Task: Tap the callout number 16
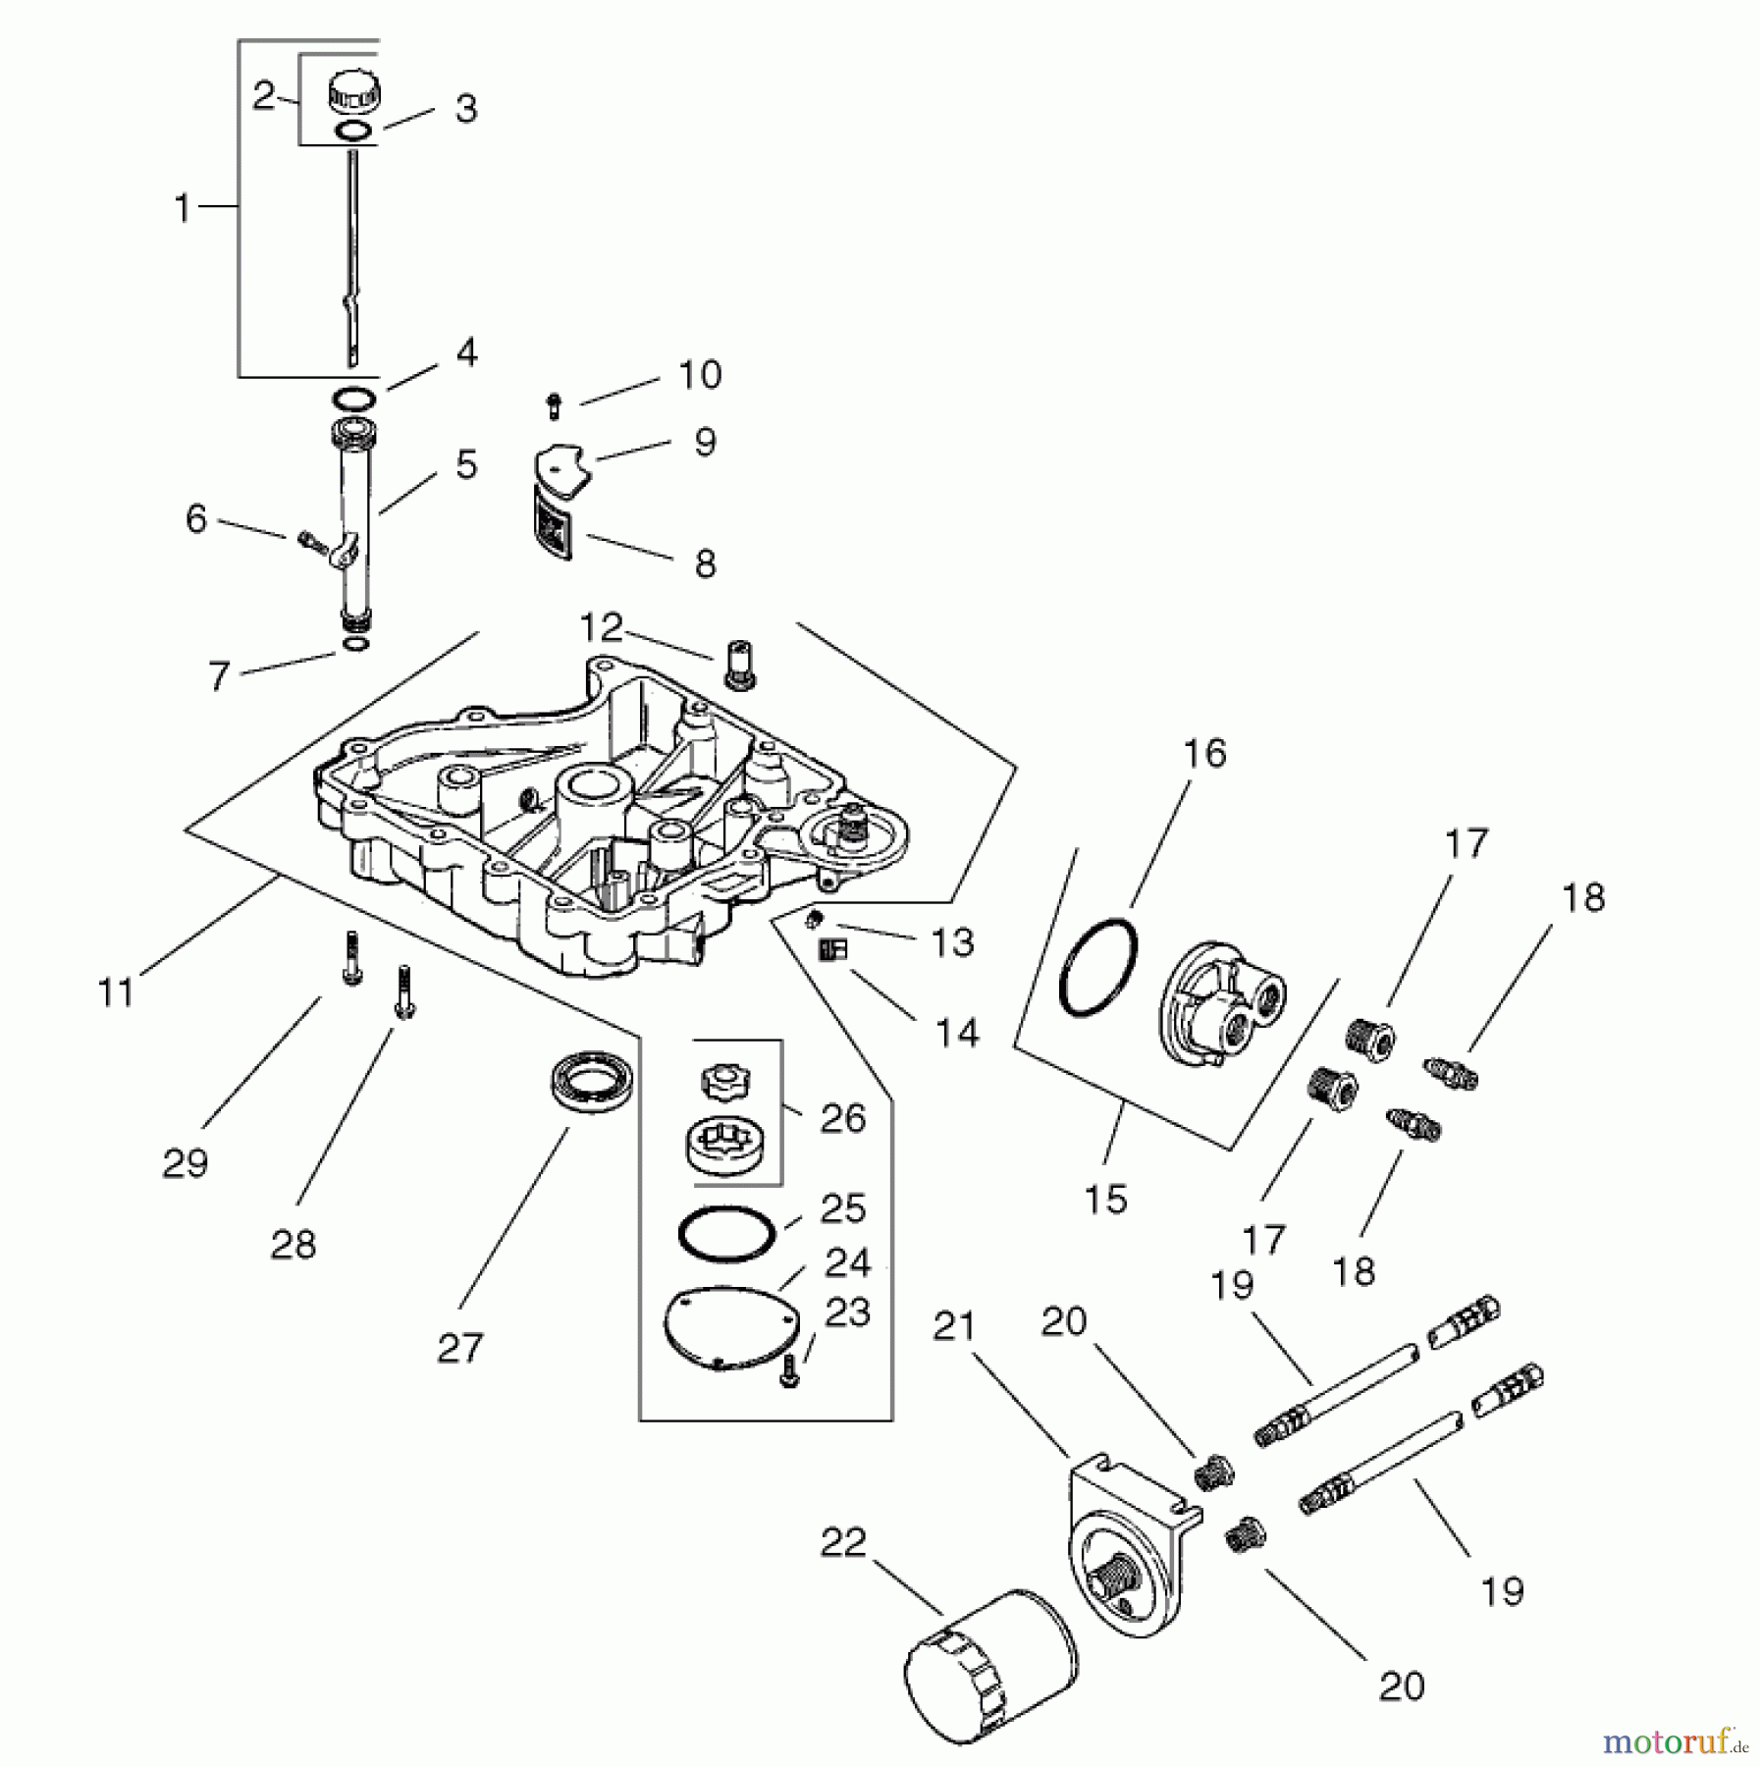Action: click(1204, 753)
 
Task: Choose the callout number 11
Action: click(116, 992)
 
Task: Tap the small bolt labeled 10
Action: click(556, 404)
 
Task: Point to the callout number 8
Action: click(705, 563)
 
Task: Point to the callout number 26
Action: click(842, 1118)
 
